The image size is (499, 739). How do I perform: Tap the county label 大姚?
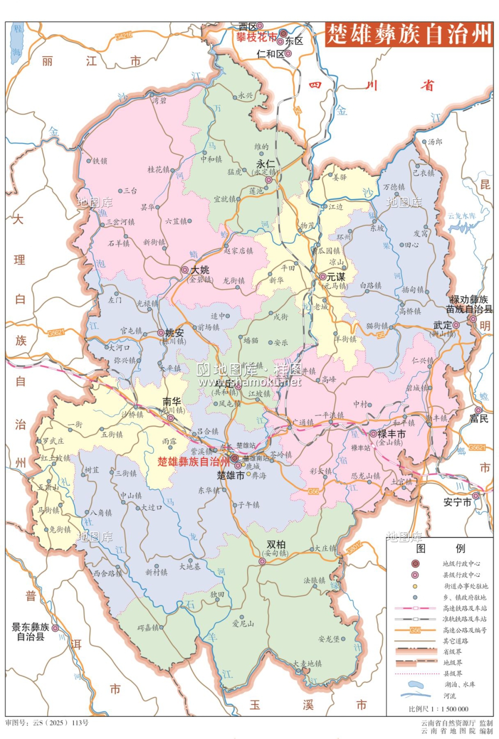pyautogui.click(x=200, y=269)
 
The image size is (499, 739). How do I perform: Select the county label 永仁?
pyautogui.click(x=266, y=164)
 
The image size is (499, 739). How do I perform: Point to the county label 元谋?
pyautogui.click(x=336, y=277)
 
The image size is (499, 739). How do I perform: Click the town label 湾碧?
pyautogui.click(x=159, y=101)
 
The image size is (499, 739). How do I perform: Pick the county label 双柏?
pyautogui.click(x=276, y=544)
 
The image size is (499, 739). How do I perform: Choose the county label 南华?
pyautogui.click(x=172, y=402)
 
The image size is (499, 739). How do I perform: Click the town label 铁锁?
pyautogui.click(x=100, y=161)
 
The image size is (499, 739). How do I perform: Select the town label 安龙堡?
pyautogui.click(x=329, y=639)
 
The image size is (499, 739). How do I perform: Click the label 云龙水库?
pyautogui.click(x=462, y=216)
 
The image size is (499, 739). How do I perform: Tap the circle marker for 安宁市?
pyautogui.click(x=475, y=496)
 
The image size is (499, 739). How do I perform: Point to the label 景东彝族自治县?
pyautogui.click(x=31, y=632)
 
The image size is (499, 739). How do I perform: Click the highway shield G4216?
pyautogui.click(x=124, y=36)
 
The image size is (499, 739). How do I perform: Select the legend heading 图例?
pyautogui.click(x=440, y=548)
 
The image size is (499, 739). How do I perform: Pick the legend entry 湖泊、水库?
pyautogui.click(x=460, y=684)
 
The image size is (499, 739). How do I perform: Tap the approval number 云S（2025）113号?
pyautogui.click(x=47, y=723)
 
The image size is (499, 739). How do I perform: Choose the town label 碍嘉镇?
pyautogui.click(x=148, y=628)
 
